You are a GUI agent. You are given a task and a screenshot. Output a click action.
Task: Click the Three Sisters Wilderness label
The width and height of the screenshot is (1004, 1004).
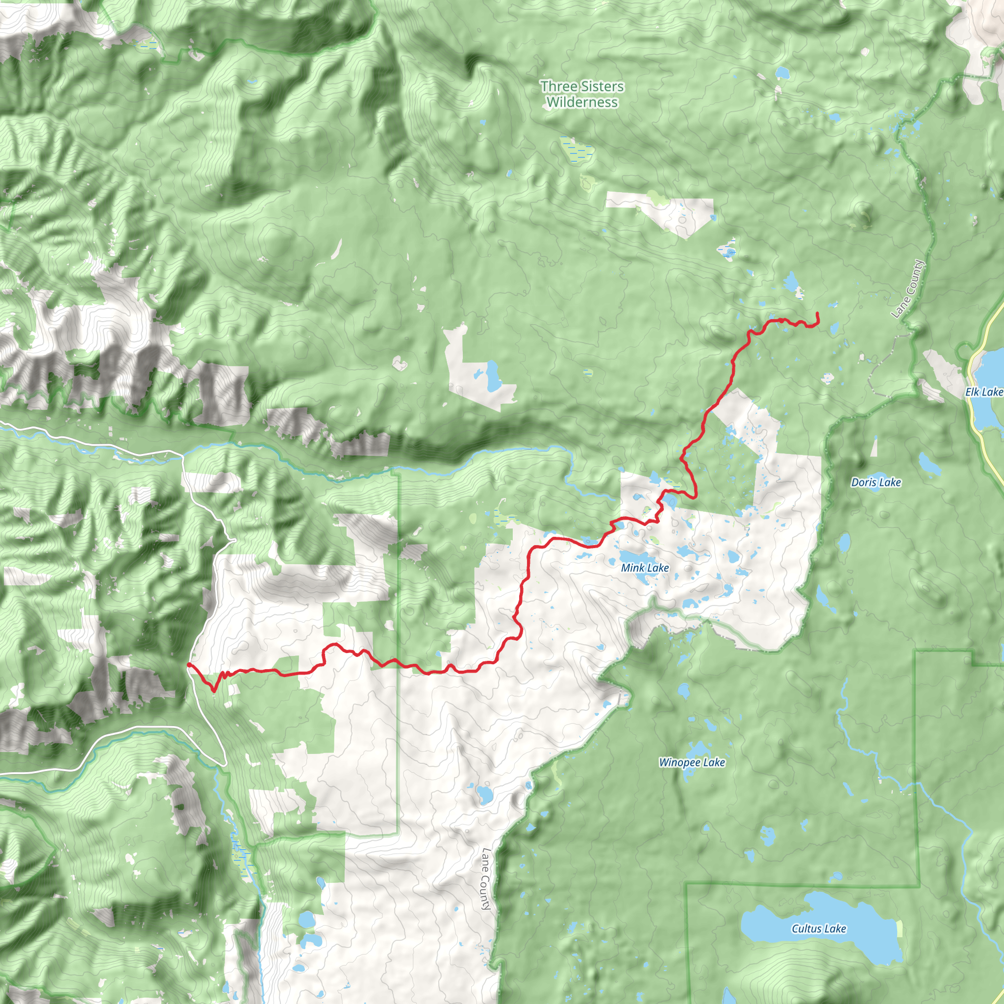point(582,94)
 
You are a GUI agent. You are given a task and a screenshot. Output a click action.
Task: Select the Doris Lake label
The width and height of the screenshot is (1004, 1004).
point(876,482)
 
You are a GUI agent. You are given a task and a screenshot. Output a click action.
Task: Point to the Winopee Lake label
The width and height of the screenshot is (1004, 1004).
point(692,762)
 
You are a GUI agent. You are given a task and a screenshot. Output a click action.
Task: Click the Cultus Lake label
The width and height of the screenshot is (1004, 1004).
point(819,929)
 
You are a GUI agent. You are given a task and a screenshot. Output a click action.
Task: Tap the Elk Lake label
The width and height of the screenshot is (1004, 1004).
point(984,392)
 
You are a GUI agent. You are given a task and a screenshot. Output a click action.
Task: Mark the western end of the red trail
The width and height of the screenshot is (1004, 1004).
point(188,665)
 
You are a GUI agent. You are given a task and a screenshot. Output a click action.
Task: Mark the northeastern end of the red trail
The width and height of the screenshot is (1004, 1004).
point(817,313)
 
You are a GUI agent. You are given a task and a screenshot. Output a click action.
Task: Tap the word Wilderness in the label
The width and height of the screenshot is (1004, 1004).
point(582,102)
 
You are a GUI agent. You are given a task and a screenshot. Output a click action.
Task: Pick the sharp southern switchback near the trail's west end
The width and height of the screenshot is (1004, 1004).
point(214,691)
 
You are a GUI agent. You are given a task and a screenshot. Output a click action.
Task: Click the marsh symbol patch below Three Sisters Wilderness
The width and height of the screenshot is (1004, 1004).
point(577,149)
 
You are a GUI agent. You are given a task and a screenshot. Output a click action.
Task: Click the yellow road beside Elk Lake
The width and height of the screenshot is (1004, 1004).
point(976,416)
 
